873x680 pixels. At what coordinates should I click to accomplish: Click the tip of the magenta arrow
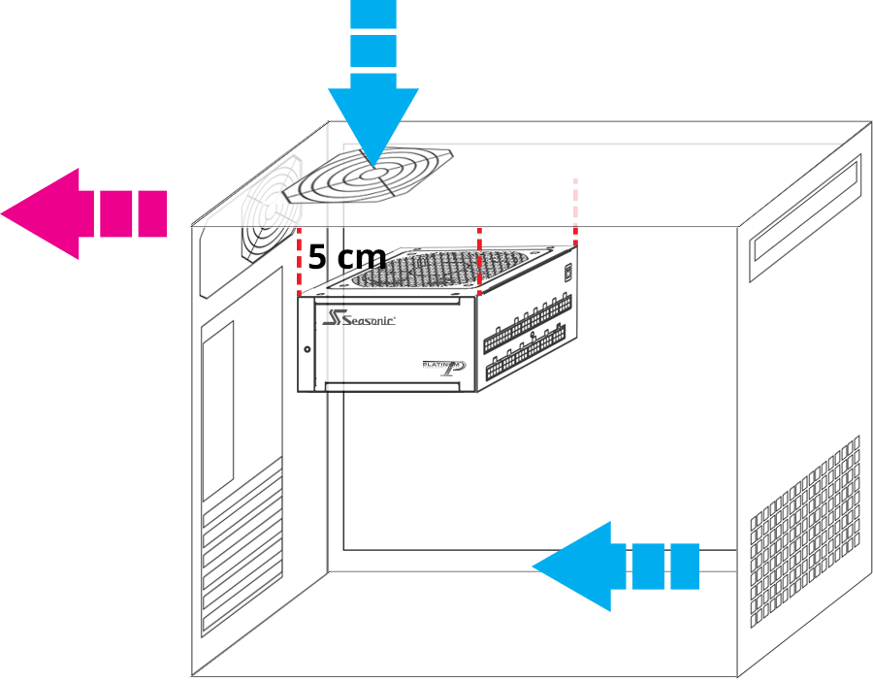pos(1,213)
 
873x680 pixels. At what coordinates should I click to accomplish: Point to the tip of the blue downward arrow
pos(373,166)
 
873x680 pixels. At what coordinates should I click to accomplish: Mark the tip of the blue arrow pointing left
pos(533,567)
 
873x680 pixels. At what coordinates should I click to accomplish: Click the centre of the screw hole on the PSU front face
pos(307,349)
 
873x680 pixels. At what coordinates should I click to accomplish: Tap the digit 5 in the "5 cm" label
pos(317,257)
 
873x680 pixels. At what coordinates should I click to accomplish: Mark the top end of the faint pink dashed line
pos(575,179)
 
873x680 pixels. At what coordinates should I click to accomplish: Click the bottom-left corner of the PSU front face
pos(298,392)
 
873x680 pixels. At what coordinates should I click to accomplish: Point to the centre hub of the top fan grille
pos(371,175)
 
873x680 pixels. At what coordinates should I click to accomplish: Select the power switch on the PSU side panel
pos(567,273)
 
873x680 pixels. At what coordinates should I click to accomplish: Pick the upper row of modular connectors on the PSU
pos(528,323)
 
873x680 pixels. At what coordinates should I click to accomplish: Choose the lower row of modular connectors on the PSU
pos(526,352)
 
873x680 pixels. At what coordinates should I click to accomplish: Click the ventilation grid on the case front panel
pos(805,533)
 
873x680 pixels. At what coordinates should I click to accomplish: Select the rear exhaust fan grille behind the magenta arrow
pos(272,210)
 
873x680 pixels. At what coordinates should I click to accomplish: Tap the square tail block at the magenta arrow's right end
pos(152,213)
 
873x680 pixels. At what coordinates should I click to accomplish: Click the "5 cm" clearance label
pos(347,257)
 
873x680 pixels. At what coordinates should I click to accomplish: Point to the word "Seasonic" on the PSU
pos(369,320)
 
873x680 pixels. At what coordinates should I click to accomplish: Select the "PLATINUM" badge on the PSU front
pos(443,368)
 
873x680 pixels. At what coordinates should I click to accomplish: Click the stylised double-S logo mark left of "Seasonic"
pos(334,317)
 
